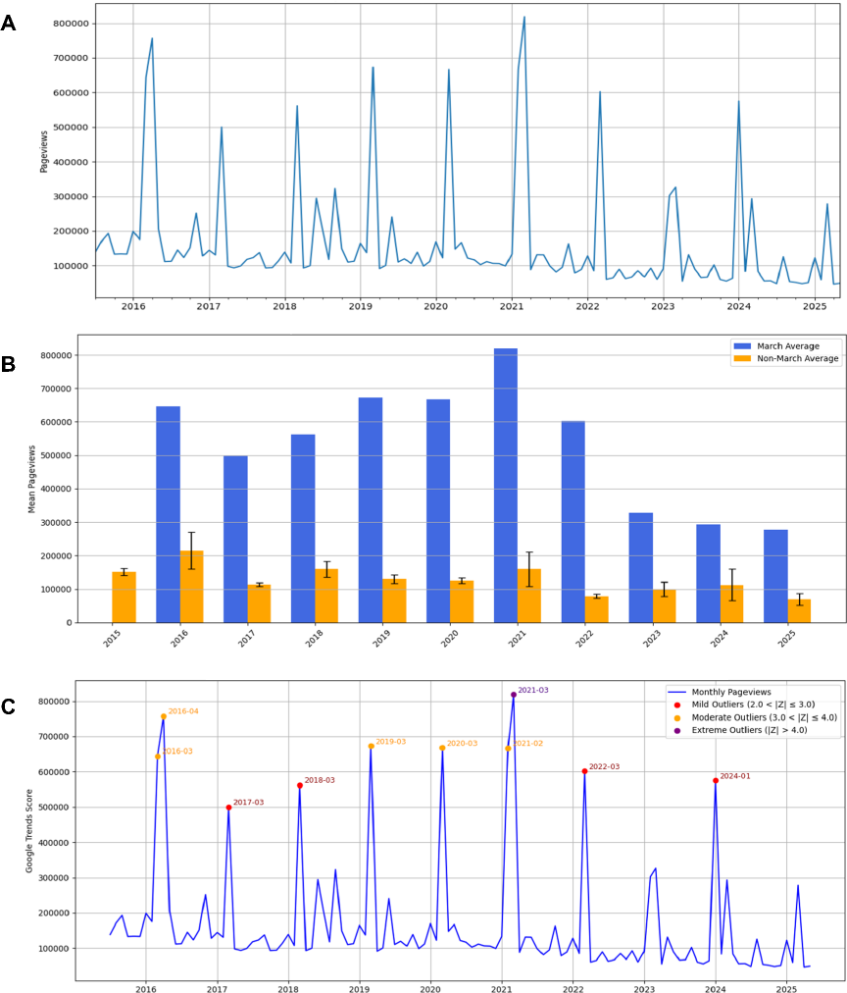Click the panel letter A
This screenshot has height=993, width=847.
tap(9, 23)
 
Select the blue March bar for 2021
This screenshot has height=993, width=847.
tap(506, 485)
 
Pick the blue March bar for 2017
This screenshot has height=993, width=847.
tap(235, 539)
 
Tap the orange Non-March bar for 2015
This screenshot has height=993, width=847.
tap(124, 597)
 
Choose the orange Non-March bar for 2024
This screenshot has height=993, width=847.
tap(732, 603)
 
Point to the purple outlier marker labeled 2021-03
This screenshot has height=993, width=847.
tap(513, 695)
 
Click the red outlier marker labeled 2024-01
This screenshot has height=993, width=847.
tap(716, 780)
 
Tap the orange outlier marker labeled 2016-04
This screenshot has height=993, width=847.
tap(163, 716)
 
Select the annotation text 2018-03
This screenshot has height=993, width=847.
tap(320, 780)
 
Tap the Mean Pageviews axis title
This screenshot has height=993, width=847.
tap(30, 479)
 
